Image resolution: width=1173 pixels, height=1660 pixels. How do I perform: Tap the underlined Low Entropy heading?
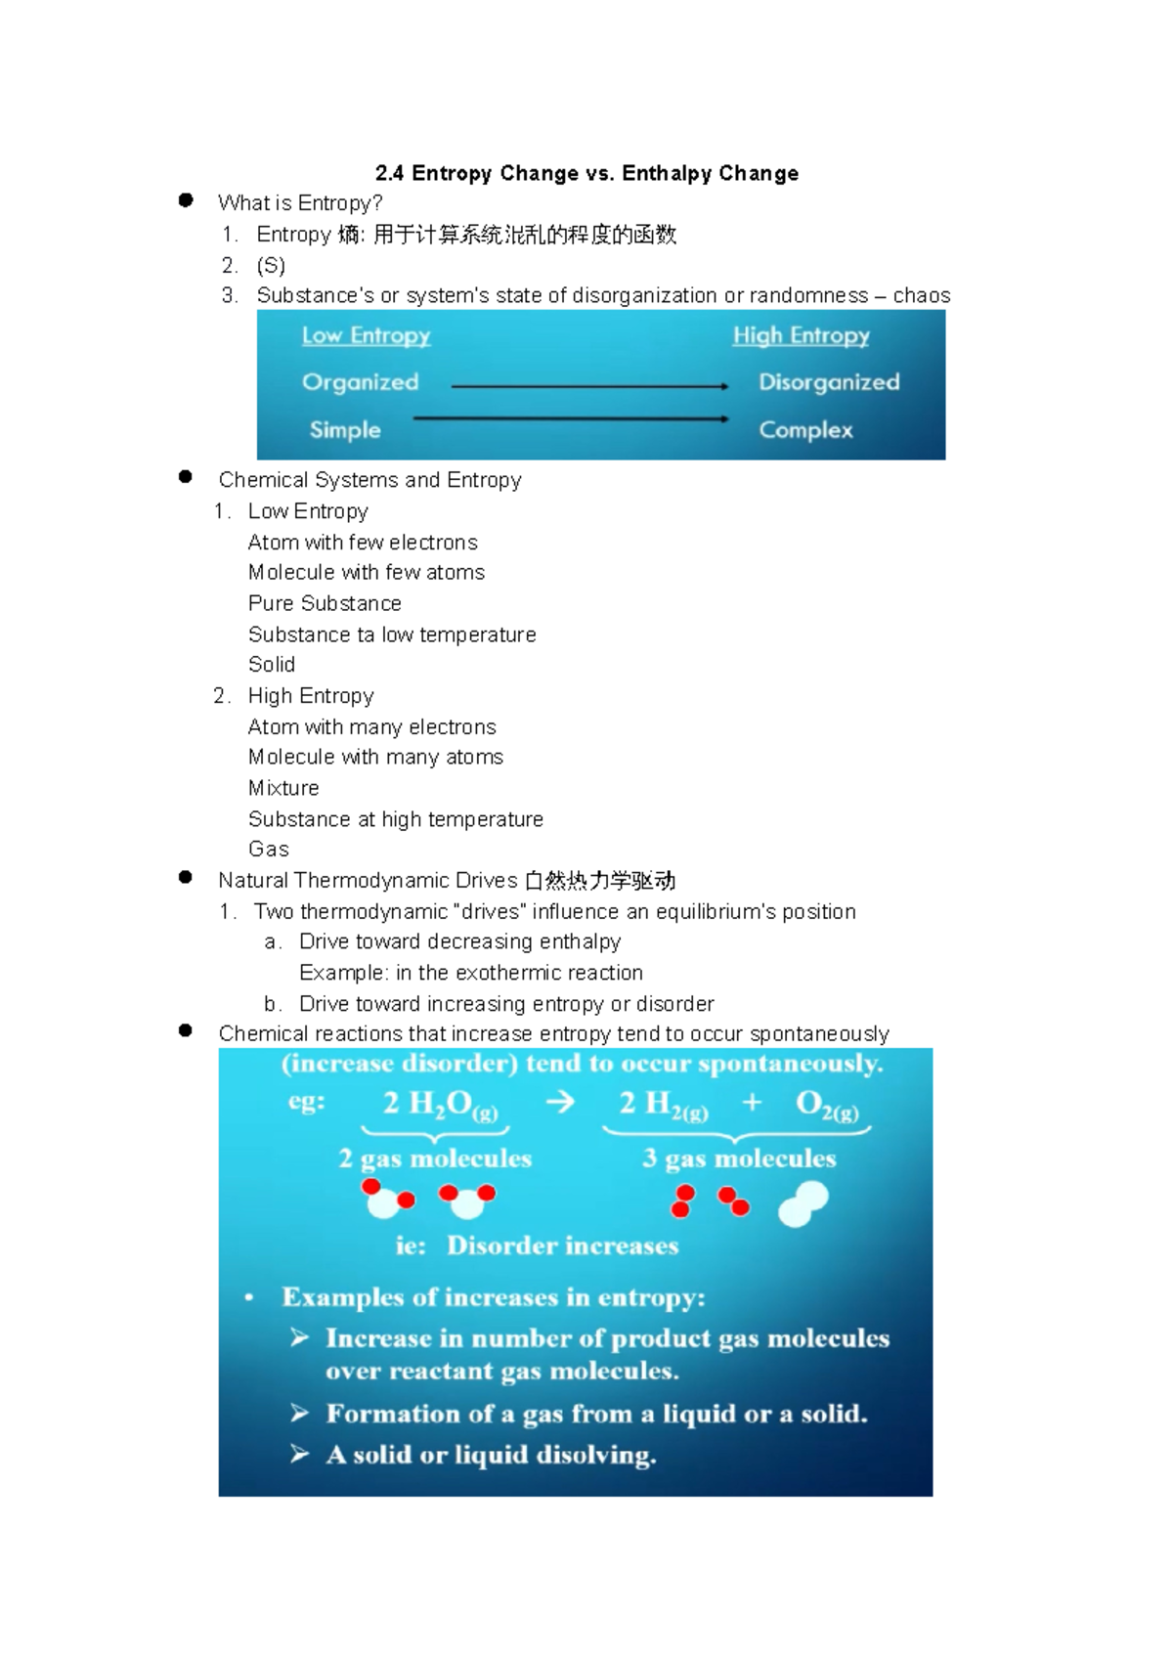point(366,335)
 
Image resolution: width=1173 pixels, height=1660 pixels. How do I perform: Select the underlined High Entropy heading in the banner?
point(801,335)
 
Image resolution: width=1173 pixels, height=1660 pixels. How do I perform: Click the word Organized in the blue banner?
point(360,382)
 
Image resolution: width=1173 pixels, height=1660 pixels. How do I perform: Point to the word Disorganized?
point(829,382)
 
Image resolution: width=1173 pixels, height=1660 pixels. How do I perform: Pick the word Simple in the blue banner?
point(345,430)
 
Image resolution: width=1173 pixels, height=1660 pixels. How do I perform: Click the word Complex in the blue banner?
point(805,430)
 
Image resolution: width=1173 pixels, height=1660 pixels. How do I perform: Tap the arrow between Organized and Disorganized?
point(589,387)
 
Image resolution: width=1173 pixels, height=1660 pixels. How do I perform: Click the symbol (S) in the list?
point(271,266)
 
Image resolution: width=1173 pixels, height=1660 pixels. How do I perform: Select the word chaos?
point(921,296)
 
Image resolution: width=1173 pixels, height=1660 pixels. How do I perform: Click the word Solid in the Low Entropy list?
point(272,665)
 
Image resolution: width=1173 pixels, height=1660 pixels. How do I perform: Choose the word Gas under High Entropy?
point(269,850)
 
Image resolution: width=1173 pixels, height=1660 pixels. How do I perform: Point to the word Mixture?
point(283,788)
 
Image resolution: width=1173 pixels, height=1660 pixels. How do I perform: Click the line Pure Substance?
point(325,603)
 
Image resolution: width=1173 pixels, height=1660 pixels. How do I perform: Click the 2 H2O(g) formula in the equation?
point(440,1105)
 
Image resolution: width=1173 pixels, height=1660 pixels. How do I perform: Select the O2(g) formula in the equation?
point(827,1105)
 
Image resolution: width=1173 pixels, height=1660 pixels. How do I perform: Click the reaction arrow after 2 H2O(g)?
point(560,1103)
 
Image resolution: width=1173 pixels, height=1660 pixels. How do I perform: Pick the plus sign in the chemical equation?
point(752,1103)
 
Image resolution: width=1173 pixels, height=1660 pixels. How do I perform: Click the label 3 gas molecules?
point(739,1159)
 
